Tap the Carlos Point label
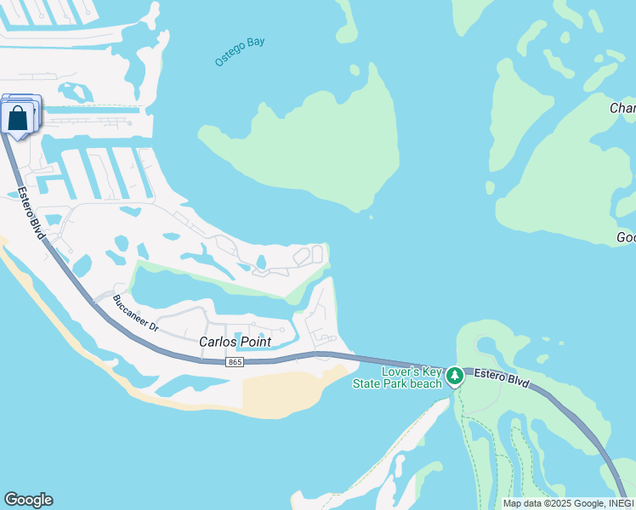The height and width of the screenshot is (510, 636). pyautogui.click(x=235, y=342)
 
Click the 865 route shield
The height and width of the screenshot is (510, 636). pyautogui.click(x=236, y=363)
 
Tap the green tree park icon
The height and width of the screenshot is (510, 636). pyautogui.click(x=455, y=375)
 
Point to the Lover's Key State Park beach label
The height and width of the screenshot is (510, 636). pyautogui.click(x=398, y=378)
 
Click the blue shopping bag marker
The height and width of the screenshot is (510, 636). pyautogui.click(x=18, y=119)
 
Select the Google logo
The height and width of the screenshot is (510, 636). pyautogui.click(x=28, y=500)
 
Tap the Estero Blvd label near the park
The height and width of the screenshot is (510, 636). pyautogui.click(x=501, y=379)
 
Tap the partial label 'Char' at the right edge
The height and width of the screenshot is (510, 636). pyautogui.click(x=622, y=108)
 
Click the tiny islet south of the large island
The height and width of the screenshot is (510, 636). pyautogui.click(x=371, y=218)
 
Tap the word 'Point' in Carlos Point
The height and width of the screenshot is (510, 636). pyautogui.click(x=254, y=342)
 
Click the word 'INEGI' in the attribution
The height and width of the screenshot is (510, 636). pyautogui.click(x=616, y=503)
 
